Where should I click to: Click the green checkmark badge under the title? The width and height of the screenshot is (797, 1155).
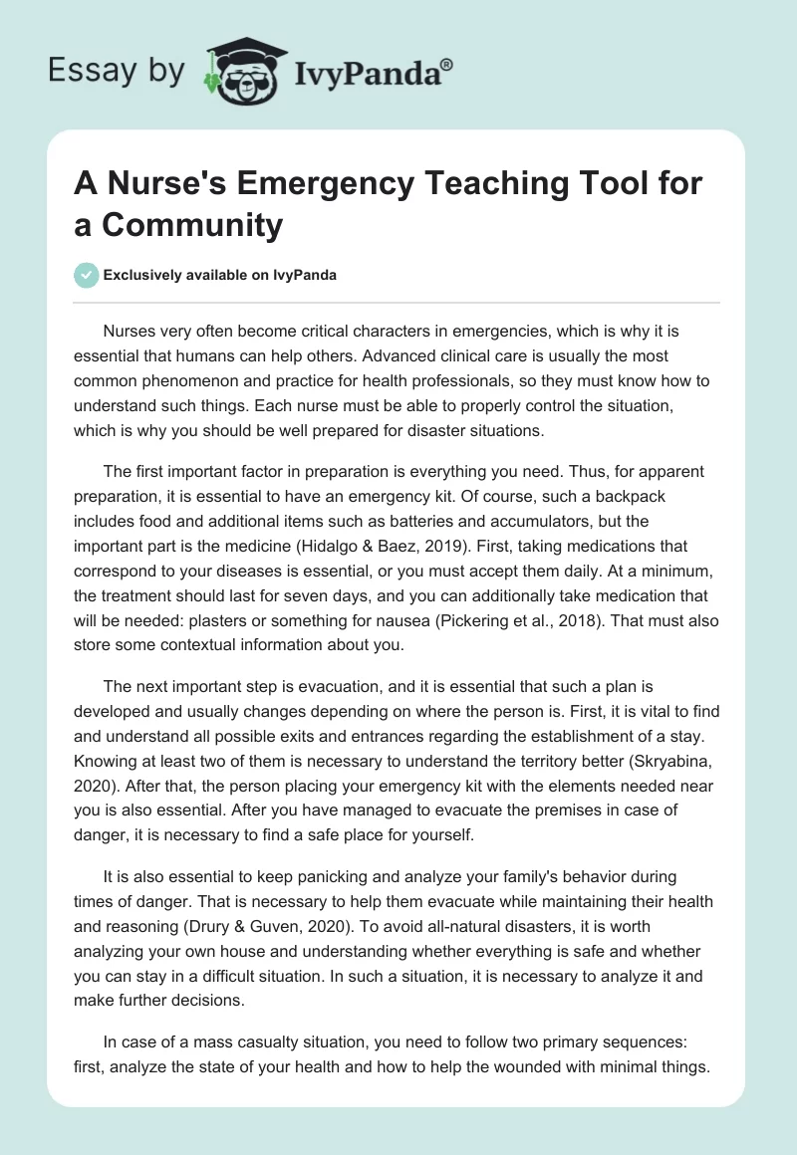tap(87, 275)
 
